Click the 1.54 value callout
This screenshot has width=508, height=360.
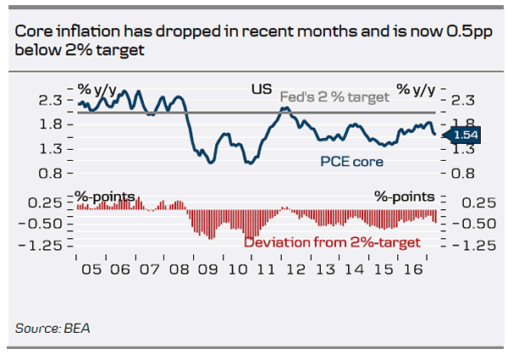tap(465, 135)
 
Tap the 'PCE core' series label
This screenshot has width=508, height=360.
tap(351, 161)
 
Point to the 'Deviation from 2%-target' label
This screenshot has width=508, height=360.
tap(331, 242)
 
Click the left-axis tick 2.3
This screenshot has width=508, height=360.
tap(52, 100)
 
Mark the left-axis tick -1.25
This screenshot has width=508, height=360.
tap(47, 246)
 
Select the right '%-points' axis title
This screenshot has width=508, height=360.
tap(405, 197)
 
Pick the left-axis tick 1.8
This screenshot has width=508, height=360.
tap(52, 125)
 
